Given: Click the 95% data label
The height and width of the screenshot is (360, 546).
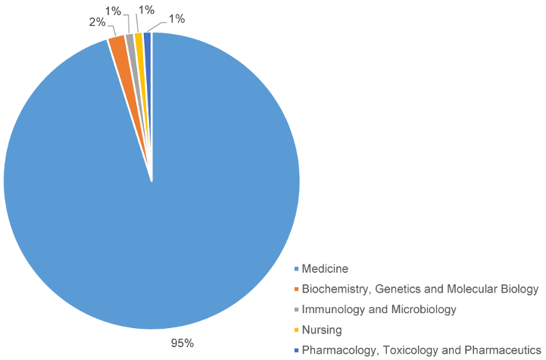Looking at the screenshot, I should click(x=182, y=343).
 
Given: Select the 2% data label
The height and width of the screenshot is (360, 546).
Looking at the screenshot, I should click(x=96, y=22).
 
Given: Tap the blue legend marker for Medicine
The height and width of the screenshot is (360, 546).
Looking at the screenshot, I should click(x=296, y=268).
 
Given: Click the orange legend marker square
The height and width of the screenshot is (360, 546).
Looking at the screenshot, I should click(x=296, y=289).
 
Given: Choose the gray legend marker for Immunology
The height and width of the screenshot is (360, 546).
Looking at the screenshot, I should click(x=296, y=309).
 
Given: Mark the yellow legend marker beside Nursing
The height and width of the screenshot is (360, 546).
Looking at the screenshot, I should click(x=296, y=330).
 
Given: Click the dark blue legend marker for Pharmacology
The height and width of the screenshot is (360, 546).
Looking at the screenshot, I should click(x=296, y=350).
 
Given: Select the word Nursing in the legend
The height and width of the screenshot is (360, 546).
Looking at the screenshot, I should click(x=322, y=330).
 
